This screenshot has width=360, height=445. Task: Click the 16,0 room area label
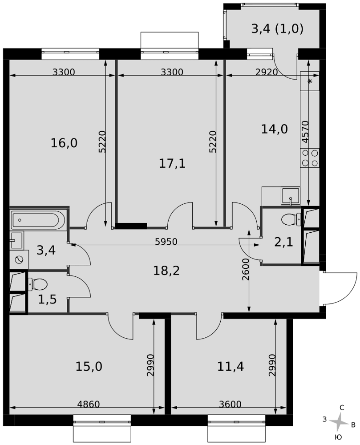[x=64, y=143]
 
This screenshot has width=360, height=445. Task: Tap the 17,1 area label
[x=172, y=163]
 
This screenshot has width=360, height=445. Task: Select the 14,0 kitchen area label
[x=274, y=129]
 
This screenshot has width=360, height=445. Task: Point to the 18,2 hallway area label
[x=166, y=271]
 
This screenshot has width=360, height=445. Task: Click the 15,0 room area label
[x=89, y=366]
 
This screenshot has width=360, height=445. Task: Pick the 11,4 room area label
[x=231, y=366]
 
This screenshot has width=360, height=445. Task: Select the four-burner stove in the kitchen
[x=310, y=158]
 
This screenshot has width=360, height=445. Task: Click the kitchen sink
[x=290, y=196]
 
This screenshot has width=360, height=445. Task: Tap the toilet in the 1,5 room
[x=37, y=284]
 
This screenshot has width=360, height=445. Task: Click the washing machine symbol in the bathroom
[x=19, y=259]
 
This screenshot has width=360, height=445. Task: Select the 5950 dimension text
[x=166, y=242]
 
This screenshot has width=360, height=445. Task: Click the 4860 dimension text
[x=89, y=404]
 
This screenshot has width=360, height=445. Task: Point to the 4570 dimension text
[x=305, y=132]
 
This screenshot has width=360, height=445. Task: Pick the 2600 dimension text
[x=246, y=269]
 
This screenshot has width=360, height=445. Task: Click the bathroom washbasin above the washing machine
[x=16, y=241]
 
